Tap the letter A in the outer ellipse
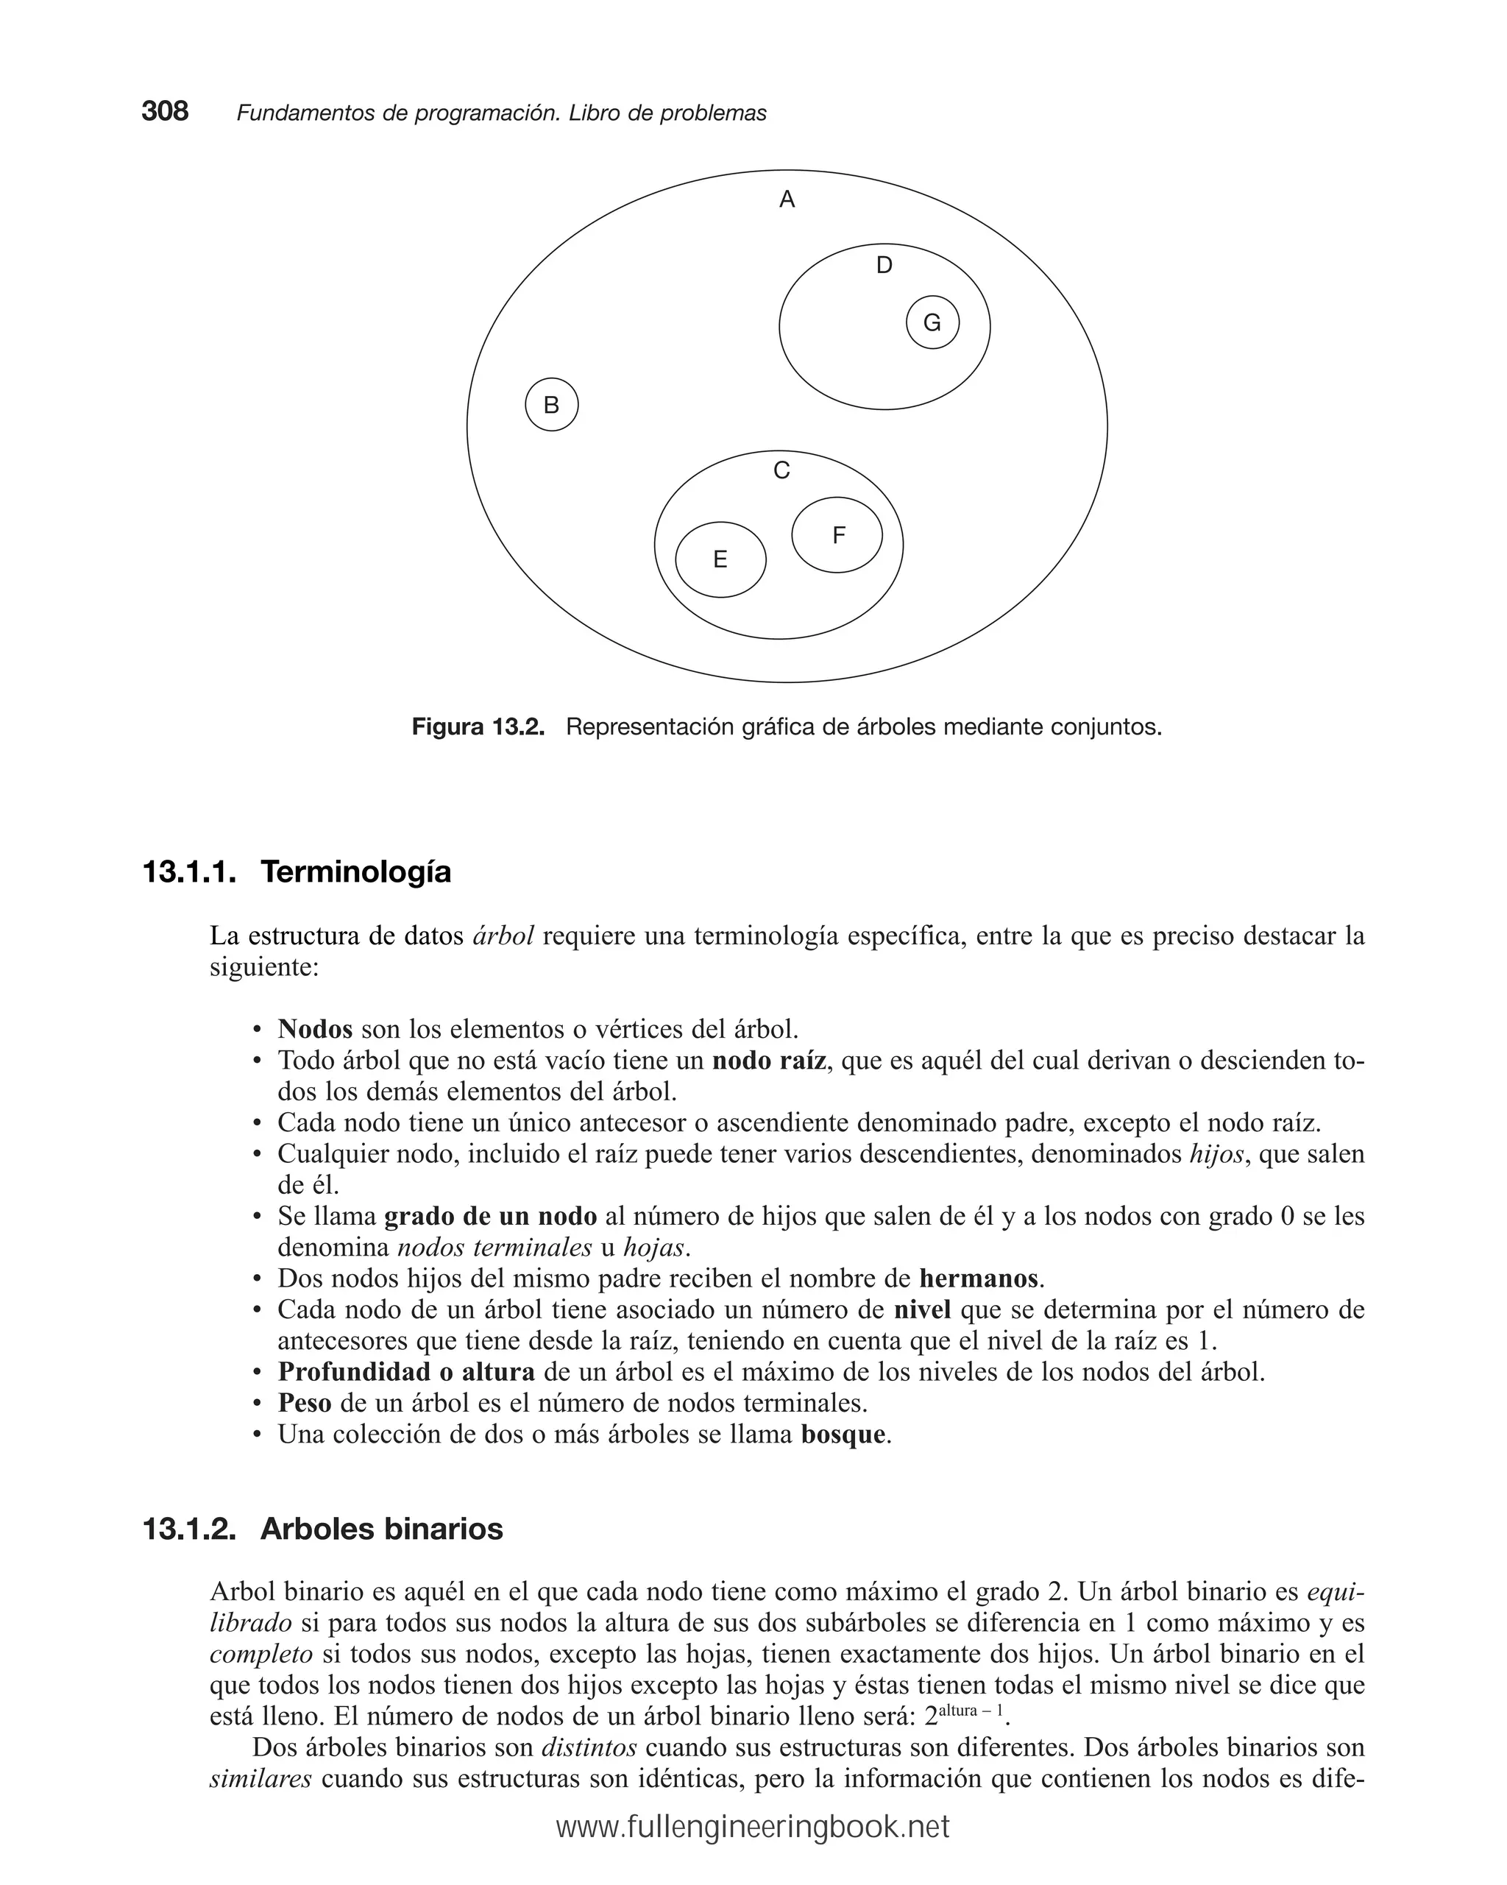click(x=787, y=200)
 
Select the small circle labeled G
click(x=932, y=322)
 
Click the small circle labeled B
click(x=552, y=405)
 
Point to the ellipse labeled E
click(x=720, y=559)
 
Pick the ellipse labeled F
click(x=837, y=535)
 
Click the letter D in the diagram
click(x=884, y=266)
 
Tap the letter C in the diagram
click(x=781, y=471)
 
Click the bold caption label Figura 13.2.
click(x=478, y=726)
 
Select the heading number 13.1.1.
click(x=189, y=872)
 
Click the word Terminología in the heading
click(x=355, y=872)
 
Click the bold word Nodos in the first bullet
click(x=315, y=1029)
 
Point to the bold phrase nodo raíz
click(x=768, y=1061)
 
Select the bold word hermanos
click(x=978, y=1279)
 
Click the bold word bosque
click(x=843, y=1435)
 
